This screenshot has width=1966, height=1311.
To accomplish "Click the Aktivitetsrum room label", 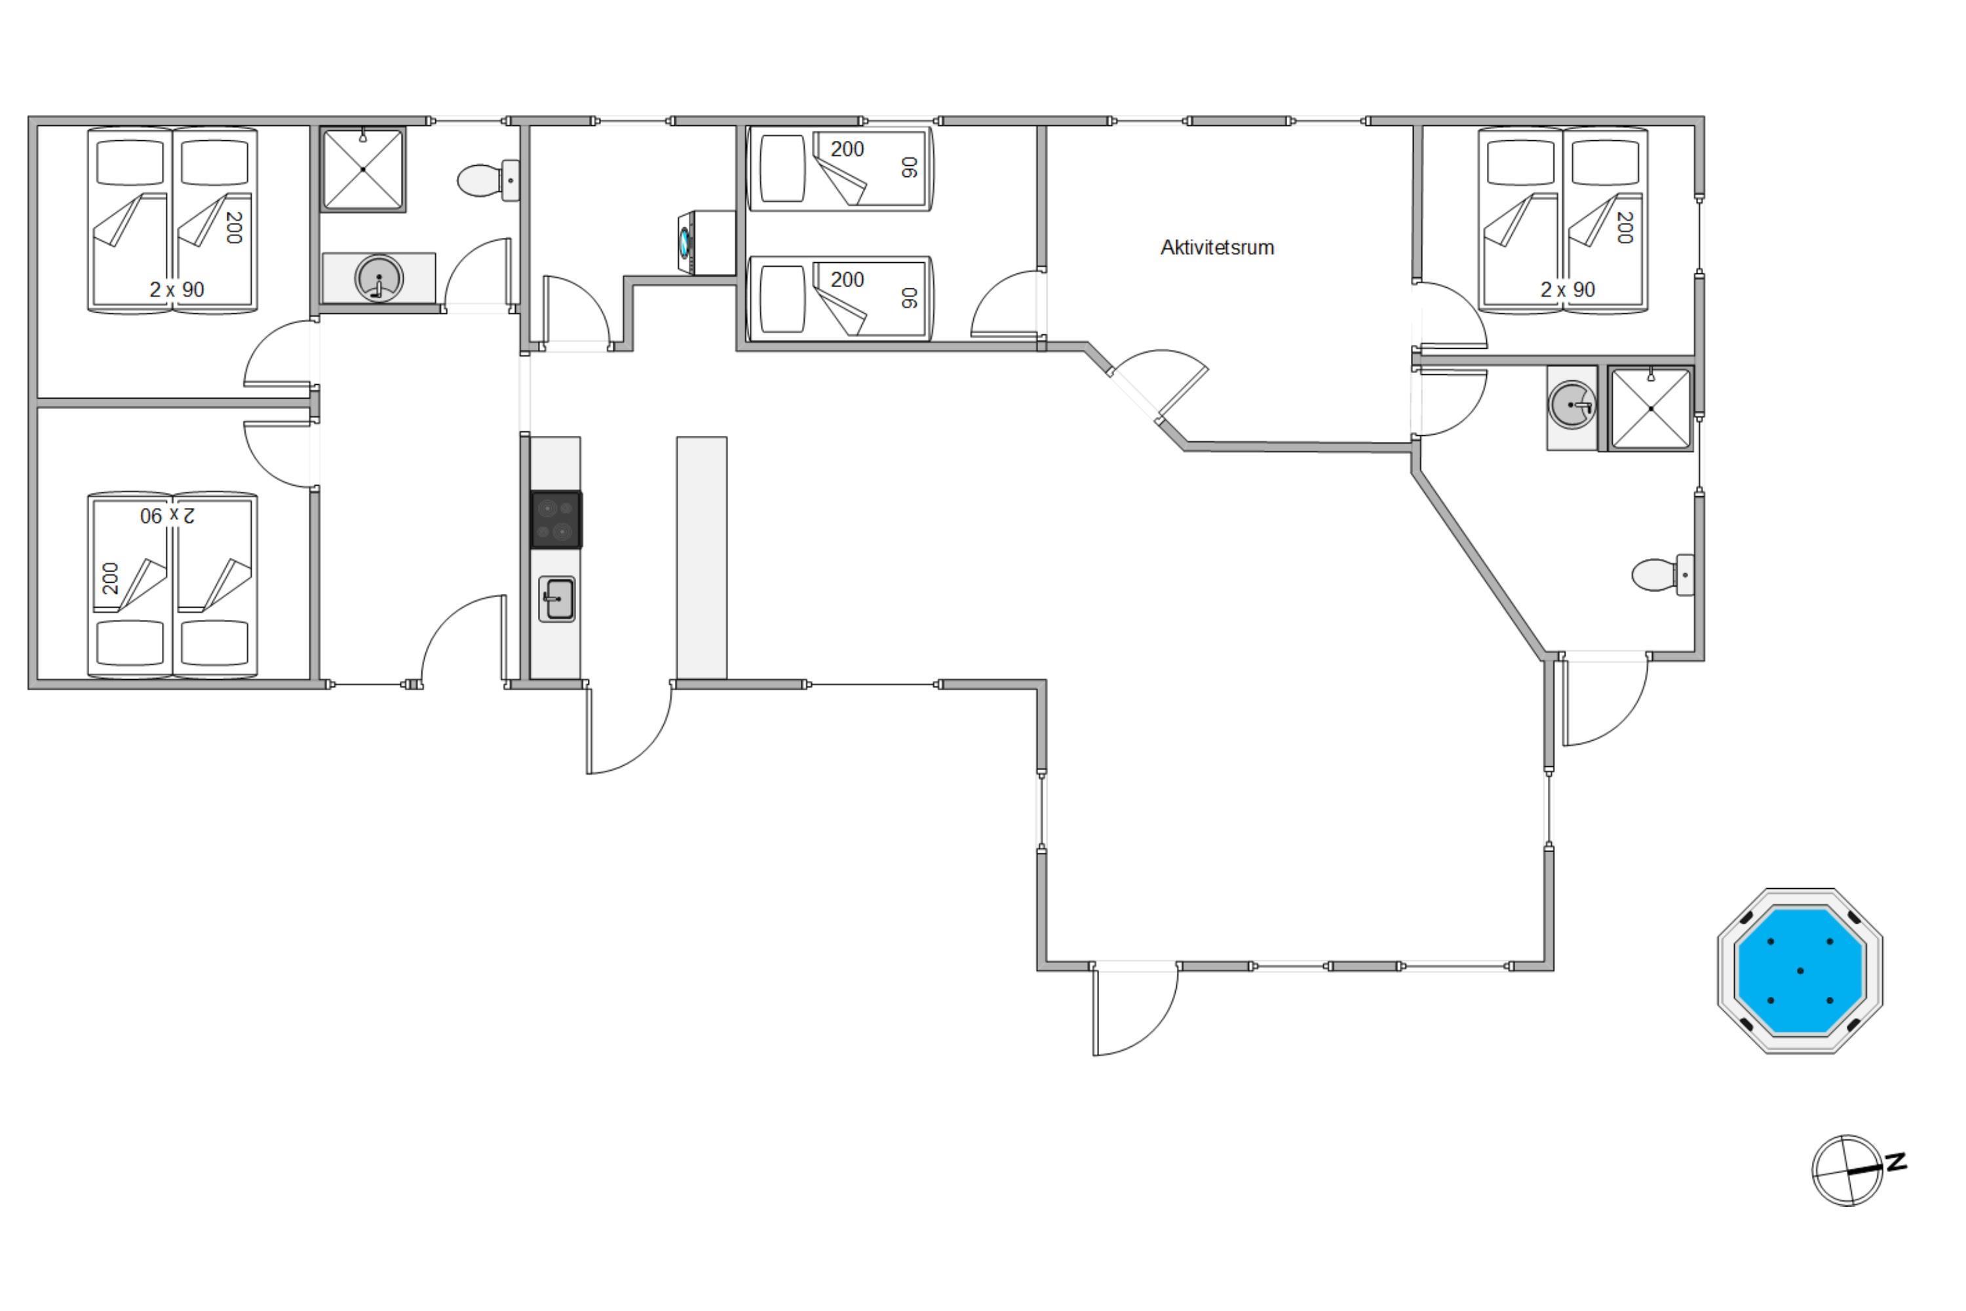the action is pos(1217,248).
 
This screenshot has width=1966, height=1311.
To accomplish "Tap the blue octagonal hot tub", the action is pos(1800,971).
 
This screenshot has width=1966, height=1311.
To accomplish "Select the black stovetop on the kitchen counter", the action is pos(556,520).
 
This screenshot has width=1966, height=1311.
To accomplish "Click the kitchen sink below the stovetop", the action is pos(556,598).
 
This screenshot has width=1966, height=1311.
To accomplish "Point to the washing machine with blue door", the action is pos(706,243).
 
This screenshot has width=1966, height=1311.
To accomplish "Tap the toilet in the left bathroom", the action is pos(488,180).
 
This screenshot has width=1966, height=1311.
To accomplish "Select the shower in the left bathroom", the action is pos(363,169).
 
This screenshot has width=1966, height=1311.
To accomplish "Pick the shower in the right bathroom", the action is pos(1651,408).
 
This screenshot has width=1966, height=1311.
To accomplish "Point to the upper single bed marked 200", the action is pos(839,168).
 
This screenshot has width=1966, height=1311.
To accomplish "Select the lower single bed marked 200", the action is pos(839,298).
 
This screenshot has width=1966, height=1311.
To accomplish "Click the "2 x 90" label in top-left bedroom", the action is pos(176,289).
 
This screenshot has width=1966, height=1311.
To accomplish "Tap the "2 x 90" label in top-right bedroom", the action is pos(1568,289).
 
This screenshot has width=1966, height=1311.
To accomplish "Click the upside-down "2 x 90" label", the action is pos(168,515).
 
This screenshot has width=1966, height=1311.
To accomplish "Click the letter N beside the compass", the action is pos(1896,1162).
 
